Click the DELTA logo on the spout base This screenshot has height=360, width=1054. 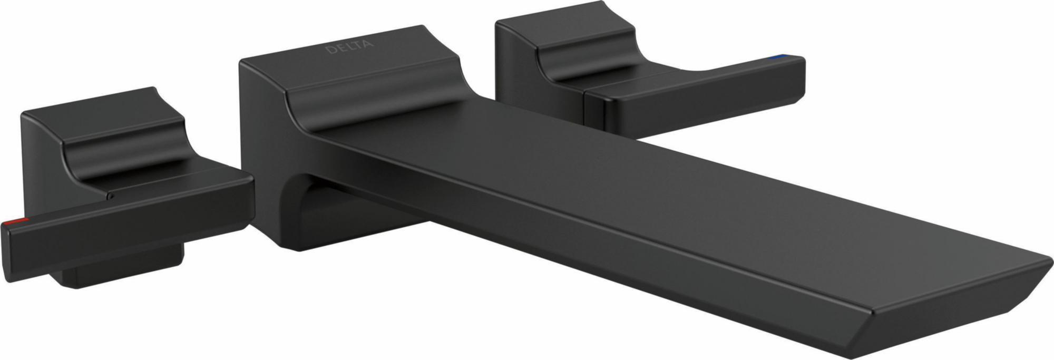tap(349, 46)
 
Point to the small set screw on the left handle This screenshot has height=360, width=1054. tap(110, 196)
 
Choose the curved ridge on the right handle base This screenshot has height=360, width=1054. tap(585, 58)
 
